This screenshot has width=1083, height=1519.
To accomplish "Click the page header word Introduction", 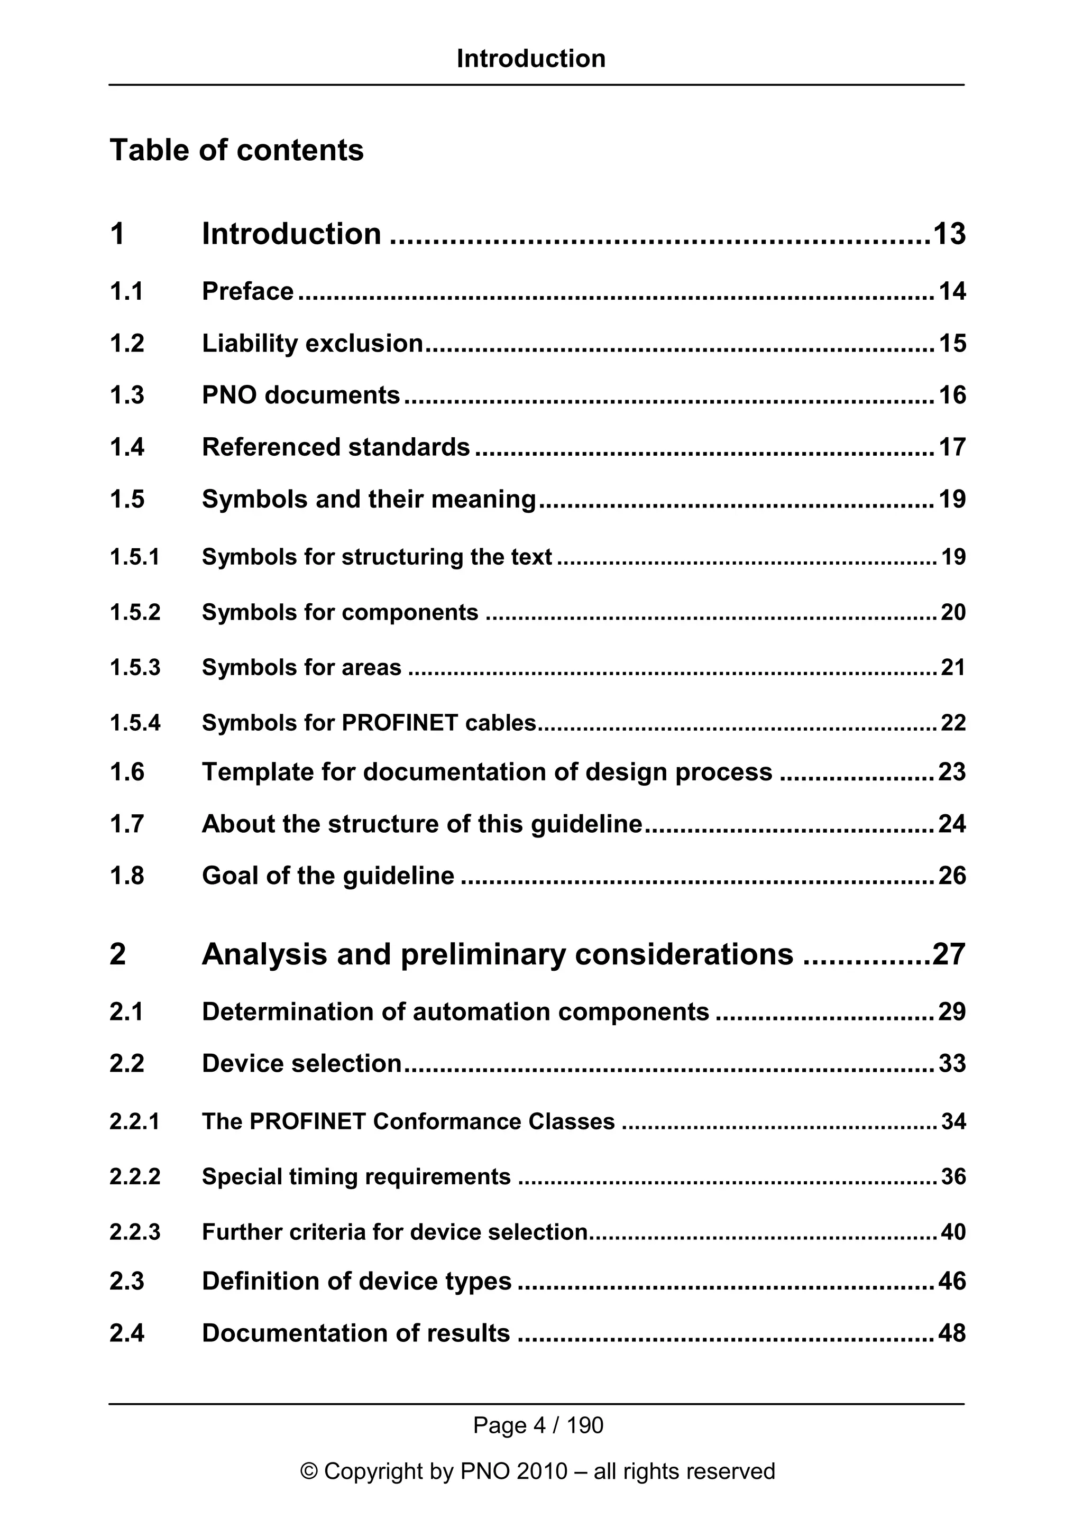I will pos(531,59).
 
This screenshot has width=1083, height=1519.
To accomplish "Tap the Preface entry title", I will pos(247,291).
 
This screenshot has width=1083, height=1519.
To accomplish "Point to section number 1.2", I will pos(127,344).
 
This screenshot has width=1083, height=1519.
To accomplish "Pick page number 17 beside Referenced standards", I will pos(952,447).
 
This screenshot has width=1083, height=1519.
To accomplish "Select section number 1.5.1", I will pos(135,557).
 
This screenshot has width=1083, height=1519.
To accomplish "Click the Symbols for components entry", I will pos(339,612).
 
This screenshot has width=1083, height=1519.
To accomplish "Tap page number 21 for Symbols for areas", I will pos(953,667).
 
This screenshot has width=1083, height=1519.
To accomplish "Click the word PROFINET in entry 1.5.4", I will pos(399,723).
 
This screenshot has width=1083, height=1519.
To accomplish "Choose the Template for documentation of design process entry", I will pos(487,772).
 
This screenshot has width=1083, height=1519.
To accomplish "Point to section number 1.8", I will pos(127,876).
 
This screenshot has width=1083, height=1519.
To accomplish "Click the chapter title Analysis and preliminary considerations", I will pos(498,954).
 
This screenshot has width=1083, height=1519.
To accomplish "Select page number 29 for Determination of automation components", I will pos(952,1011).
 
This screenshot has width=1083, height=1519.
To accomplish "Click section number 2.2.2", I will pos(135,1176).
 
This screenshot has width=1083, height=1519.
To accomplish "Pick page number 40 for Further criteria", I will pos(953,1231).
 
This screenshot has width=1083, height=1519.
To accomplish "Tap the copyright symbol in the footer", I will pos(309,1471).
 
